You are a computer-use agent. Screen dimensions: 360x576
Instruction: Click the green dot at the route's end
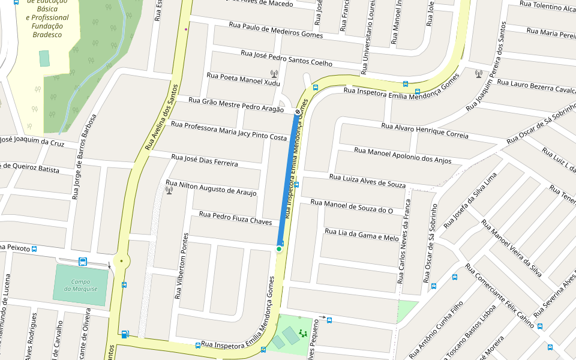279,249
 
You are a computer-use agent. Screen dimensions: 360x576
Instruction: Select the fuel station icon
125,334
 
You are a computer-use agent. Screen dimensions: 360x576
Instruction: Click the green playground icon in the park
303,332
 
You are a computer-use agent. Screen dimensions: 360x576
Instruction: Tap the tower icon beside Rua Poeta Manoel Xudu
274,74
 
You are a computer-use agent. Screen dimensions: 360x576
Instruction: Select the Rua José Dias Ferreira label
205,160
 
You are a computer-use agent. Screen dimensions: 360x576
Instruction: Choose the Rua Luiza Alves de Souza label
367,181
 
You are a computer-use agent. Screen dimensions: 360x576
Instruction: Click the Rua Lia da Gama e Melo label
361,235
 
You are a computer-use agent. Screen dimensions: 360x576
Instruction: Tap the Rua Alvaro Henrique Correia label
425,130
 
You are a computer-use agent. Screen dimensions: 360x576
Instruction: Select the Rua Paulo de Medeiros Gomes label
276,31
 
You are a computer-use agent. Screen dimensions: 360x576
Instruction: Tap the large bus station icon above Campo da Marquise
83,262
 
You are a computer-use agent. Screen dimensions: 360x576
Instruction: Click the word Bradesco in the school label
47,35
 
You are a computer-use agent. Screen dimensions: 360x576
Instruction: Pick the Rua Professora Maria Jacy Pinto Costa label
229,131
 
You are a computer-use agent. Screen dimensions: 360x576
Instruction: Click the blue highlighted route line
287,180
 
